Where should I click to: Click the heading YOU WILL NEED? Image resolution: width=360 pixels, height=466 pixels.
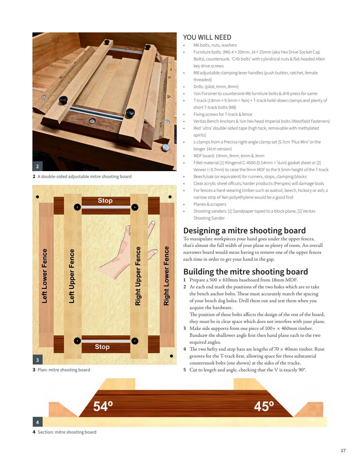coord(207,37)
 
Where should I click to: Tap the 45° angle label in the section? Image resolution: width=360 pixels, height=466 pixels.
coord(263,406)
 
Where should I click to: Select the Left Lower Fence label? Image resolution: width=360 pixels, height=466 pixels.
coord(45,276)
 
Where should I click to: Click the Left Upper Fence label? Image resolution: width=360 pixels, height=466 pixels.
coord(72,276)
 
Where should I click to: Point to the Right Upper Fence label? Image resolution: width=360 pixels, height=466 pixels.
coord(138,276)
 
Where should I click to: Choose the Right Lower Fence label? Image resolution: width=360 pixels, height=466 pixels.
coord(167,276)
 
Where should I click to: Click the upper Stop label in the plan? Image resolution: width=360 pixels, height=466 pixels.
coord(105,201)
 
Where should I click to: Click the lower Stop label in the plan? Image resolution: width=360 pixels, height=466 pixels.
coord(102,347)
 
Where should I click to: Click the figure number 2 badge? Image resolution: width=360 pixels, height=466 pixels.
coord(38,166)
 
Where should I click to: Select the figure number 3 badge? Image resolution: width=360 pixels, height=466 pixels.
coord(38,360)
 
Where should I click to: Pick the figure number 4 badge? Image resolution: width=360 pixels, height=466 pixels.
coord(38,422)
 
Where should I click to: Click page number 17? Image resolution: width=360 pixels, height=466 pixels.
coord(343,451)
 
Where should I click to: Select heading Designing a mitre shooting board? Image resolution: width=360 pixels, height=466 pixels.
coord(244,230)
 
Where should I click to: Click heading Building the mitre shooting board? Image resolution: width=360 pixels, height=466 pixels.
coord(245,272)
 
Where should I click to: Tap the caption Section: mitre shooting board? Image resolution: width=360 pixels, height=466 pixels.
coord(67,432)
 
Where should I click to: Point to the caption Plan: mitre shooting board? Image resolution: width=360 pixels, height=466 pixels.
coord(63,370)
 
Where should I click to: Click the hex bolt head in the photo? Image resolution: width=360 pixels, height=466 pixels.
coord(165,147)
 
